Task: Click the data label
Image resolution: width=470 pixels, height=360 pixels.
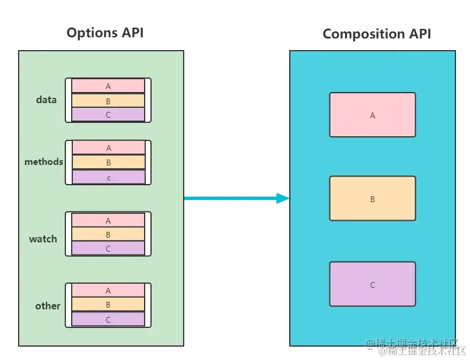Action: coord(47,100)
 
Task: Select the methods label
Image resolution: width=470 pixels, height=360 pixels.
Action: coord(44,161)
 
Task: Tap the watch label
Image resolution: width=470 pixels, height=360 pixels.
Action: coord(43,239)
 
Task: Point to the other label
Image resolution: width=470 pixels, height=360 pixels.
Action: coord(48,306)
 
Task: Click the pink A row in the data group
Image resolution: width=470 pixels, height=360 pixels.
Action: coord(108,86)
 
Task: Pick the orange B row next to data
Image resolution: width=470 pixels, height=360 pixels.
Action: coord(108,101)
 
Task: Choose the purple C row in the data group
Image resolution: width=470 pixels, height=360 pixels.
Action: coord(108,115)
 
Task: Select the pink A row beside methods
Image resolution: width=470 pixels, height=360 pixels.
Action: coord(108,148)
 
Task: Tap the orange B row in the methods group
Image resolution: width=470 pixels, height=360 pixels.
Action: coord(108,163)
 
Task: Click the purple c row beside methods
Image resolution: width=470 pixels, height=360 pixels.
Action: coord(108,177)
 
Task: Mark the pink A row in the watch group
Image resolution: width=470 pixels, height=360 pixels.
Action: coord(108,221)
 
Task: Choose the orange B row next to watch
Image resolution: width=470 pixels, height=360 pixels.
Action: coord(108,235)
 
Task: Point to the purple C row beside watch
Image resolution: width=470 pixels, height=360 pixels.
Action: coord(108,249)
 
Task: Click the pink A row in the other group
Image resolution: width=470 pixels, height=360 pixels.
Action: coord(108,291)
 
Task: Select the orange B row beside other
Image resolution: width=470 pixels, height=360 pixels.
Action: coord(108,305)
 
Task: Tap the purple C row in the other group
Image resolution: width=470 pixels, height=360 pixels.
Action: coord(108,319)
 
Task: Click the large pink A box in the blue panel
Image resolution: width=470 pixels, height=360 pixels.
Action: coord(373,115)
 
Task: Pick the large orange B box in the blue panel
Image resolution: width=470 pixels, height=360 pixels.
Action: coord(373,199)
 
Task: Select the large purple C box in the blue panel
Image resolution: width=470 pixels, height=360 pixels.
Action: coord(373,284)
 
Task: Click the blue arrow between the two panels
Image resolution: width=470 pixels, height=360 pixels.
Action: coord(236,199)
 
